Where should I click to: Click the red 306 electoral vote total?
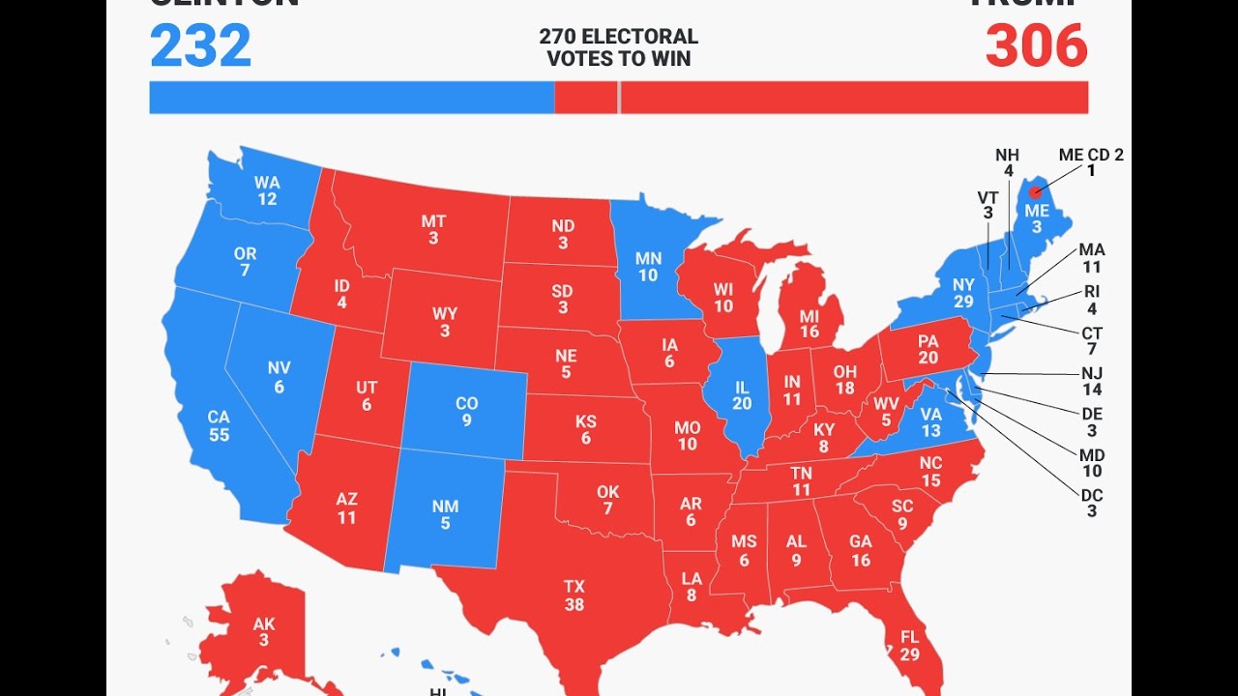click(1036, 45)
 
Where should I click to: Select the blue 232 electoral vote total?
click(201, 45)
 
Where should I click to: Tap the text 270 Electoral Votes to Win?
click(619, 47)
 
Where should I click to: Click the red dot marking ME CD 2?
click(1036, 191)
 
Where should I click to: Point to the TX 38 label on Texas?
click(575, 595)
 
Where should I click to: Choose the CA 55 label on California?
click(219, 426)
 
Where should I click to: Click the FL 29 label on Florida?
click(908, 646)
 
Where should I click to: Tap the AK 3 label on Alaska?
click(264, 632)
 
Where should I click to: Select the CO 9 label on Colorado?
click(467, 413)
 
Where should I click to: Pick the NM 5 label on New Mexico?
click(446, 515)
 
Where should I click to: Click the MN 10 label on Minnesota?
click(648, 267)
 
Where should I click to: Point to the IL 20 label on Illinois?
click(742, 395)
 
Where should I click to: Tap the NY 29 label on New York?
click(962, 293)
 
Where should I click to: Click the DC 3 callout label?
click(1092, 503)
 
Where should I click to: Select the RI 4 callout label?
click(1092, 300)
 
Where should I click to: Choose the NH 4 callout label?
click(1007, 163)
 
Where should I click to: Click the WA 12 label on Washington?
click(267, 190)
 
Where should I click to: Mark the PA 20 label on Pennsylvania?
click(928, 349)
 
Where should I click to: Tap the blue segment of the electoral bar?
click(352, 98)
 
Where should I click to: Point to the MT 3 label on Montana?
click(433, 230)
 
